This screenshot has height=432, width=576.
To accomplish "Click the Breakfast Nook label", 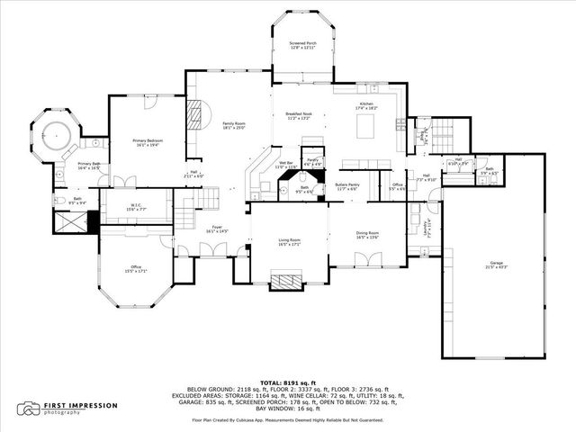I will click(299, 115).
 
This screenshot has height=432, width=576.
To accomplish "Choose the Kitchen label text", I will click(365, 106).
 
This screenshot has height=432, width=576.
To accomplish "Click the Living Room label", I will click(288, 241).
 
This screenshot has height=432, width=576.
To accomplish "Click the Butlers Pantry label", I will click(347, 186).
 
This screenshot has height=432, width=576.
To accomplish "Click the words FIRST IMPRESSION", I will click(81, 405).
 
